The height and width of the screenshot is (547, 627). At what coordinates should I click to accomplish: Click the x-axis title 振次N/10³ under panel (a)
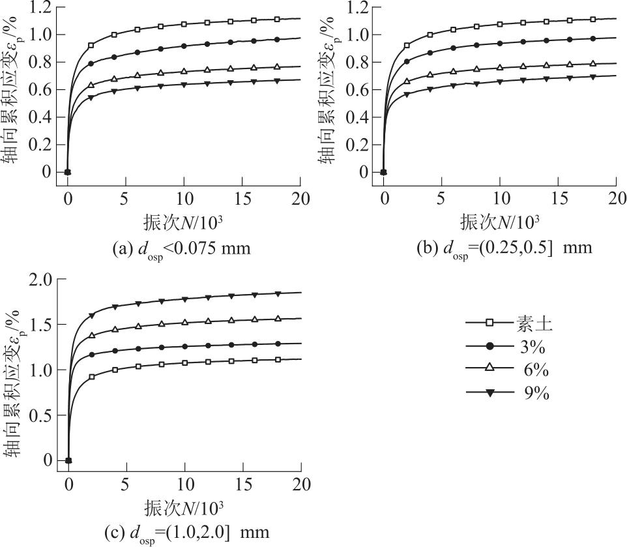pos(184,222)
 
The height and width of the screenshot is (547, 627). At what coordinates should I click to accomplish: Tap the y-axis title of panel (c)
pos(14,371)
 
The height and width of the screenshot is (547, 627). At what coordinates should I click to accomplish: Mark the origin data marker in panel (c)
pos(68,460)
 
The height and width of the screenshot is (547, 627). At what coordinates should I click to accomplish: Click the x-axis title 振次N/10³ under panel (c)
pos(184,507)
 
